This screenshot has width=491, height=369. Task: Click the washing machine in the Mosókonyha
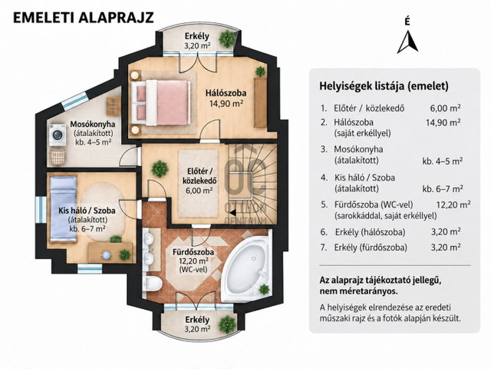tap(58, 135)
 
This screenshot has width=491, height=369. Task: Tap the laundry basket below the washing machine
tap(58, 156)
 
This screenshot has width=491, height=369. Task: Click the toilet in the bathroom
tap(153, 284)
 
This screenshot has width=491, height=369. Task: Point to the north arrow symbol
tap(407, 42)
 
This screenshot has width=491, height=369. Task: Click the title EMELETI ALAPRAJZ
tap(84, 18)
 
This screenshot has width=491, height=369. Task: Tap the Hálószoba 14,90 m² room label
tap(226, 98)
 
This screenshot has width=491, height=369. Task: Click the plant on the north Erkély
tap(227, 38)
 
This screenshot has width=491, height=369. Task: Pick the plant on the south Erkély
tap(228, 324)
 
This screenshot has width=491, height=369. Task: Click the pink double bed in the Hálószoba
tap(160, 102)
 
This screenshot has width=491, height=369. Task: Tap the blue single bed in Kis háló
tap(64, 208)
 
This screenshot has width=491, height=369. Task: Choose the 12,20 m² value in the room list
tap(453, 204)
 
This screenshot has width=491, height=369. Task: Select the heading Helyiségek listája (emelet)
tap(384, 86)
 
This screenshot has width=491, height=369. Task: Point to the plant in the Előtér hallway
tap(160, 168)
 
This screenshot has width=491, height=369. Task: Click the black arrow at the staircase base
tap(232, 212)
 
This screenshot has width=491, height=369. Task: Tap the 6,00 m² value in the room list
tap(445, 108)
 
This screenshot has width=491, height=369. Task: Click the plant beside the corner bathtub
tap(264, 289)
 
